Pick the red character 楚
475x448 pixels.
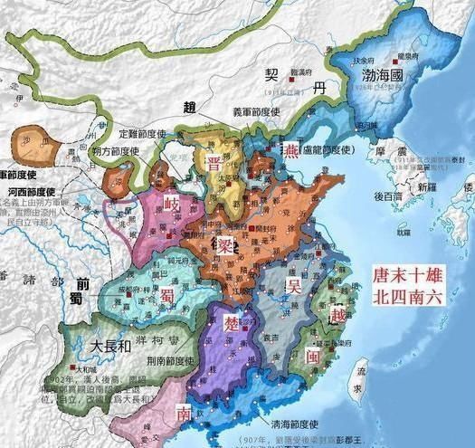[232, 324]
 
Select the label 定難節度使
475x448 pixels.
[149, 132]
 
